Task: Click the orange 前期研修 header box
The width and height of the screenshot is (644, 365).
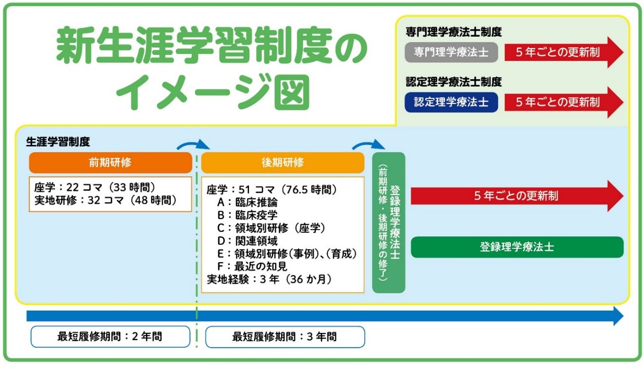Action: click(x=110, y=163)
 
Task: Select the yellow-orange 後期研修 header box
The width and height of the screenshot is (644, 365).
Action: click(x=283, y=163)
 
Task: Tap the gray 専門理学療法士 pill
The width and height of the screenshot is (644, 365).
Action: click(x=451, y=52)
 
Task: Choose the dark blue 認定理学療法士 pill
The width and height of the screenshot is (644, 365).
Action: click(x=451, y=102)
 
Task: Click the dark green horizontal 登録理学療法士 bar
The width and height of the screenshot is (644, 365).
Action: click(x=517, y=247)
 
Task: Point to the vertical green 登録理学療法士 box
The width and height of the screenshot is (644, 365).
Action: click(x=389, y=223)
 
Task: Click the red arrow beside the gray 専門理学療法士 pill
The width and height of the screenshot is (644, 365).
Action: click(x=563, y=52)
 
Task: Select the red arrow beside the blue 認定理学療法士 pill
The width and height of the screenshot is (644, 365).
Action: click(x=563, y=102)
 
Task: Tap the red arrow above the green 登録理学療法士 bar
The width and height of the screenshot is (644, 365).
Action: click(x=517, y=196)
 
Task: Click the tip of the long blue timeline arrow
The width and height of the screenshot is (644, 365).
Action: click(x=623, y=316)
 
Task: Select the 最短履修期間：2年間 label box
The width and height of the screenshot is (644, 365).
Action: click(x=110, y=337)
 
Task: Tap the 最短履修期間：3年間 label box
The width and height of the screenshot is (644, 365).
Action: click(x=285, y=337)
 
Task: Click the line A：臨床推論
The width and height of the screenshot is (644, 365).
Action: click(x=247, y=202)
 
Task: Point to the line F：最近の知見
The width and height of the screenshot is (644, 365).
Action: click(x=252, y=267)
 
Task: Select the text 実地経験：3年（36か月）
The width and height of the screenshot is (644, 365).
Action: click(x=269, y=279)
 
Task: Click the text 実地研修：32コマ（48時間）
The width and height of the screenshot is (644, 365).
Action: click(x=105, y=200)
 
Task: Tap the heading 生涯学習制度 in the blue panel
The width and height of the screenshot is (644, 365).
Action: click(x=58, y=141)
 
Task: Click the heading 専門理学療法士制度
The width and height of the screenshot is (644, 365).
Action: click(x=454, y=32)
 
